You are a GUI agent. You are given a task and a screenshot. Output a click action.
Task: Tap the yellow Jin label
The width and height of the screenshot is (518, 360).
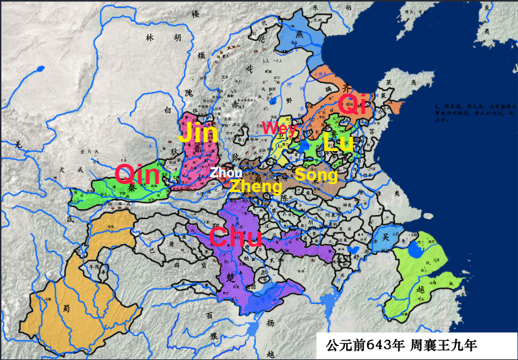click(x=197, y=132)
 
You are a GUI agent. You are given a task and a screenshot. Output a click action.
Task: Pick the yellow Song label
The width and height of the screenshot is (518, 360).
click(x=316, y=175)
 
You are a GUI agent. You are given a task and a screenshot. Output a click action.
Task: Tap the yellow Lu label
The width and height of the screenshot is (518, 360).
click(x=337, y=142)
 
